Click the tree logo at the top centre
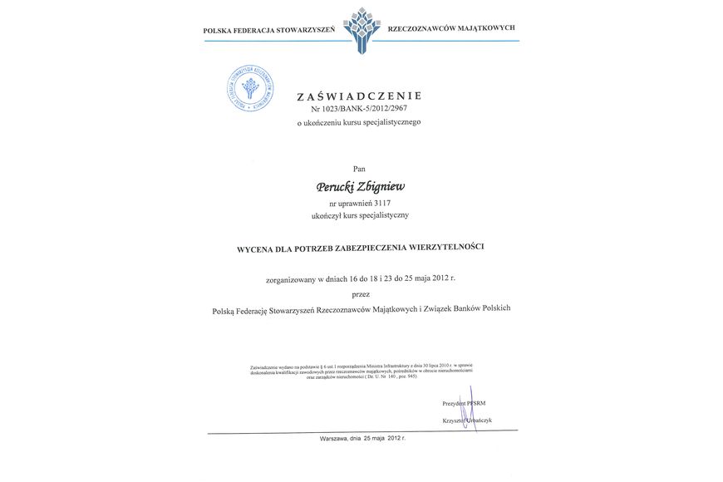[361, 28]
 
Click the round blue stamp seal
[251, 88]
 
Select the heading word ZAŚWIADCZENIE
[360, 96]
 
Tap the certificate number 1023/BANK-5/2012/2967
[366, 109]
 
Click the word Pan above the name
[359, 168]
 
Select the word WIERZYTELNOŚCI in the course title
[443, 247]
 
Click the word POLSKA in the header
[218, 31]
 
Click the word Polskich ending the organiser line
[492, 308]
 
